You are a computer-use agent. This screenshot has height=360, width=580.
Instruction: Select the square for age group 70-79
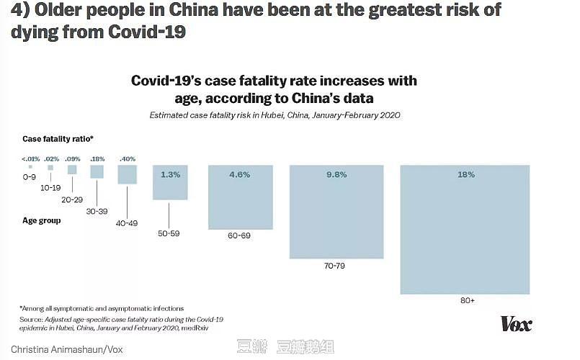[x=336, y=212]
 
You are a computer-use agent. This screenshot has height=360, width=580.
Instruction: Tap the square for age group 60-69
[x=241, y=197]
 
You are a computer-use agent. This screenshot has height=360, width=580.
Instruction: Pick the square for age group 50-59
[x=170, y=183]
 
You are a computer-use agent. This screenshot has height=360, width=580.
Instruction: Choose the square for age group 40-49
[x=128, y=175]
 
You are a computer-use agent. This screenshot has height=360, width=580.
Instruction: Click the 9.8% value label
[x=336, y=174]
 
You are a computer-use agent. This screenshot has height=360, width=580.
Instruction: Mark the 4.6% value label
[x=241, y=174]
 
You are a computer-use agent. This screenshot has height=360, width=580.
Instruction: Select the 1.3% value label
[x=170, y=174]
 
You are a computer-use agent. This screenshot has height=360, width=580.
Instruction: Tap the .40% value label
[x=128, y=158]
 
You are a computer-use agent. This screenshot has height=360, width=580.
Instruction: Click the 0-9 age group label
[x=30, y=176]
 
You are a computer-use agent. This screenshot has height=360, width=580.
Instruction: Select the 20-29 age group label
[x=73, y=199]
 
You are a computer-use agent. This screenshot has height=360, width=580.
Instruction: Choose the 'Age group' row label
[x=41, y=221]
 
